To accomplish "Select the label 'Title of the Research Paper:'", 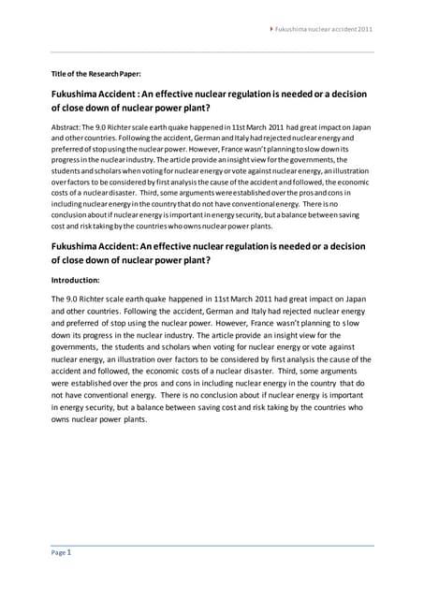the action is click(x=95, y=73).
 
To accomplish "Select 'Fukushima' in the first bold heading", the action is click(x=74, y=95).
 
